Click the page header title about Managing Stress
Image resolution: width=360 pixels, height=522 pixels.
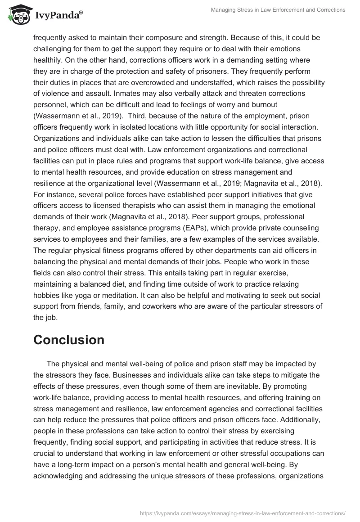pyautogui.click(x=278, y=10)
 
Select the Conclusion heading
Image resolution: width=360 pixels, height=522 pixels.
pyautogui.click(x=69, y=340)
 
